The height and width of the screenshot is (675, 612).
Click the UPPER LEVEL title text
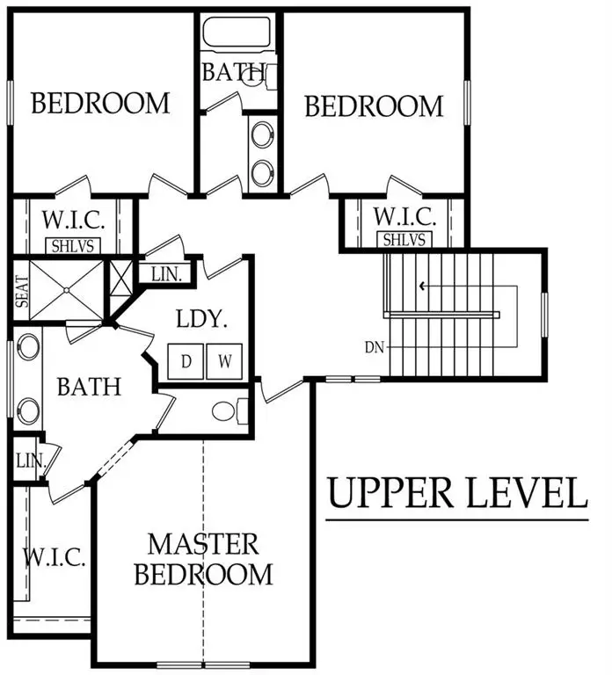click(x=457, y=493)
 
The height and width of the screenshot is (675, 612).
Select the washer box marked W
click(x=223, y=360)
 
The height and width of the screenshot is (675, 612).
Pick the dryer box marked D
click(x=187, y=360)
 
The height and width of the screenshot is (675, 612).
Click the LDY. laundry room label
click(x=202, y=319)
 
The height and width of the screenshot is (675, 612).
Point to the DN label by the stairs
click(x=374, y=347)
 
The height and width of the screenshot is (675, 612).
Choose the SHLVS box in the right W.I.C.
click(x=404, y=240)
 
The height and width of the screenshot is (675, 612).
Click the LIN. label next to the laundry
click(x=166, y=274)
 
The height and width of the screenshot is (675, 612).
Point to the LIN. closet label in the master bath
click(x=25, y=460)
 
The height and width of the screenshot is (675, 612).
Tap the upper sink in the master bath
click(x=29, y=345)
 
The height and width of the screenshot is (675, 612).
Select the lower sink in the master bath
click(x=29, y=410)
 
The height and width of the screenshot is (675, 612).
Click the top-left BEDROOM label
click(x=100, y=103)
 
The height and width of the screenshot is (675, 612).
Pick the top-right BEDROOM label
click(x=374, y=106)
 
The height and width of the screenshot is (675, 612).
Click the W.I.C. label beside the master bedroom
click(x=54, y=556)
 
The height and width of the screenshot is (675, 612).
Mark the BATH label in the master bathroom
click(x=89, y=385)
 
